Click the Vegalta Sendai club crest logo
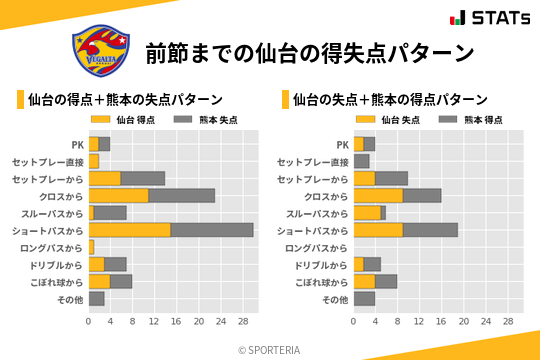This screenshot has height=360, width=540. tap(98, 51)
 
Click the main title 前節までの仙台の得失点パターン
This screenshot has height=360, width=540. tap(309, 52)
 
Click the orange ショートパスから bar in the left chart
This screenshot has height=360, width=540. tap(129, 230)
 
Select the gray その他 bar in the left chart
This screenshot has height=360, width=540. tap(96, 299)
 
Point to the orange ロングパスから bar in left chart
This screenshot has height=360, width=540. tap(91, 247)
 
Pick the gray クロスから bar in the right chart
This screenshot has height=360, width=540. tap(422, 196)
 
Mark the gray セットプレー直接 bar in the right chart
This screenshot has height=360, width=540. tap(361, 161)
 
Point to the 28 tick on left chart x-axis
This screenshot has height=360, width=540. tap(242, 323)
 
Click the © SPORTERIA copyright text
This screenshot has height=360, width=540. tap(270, 349)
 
